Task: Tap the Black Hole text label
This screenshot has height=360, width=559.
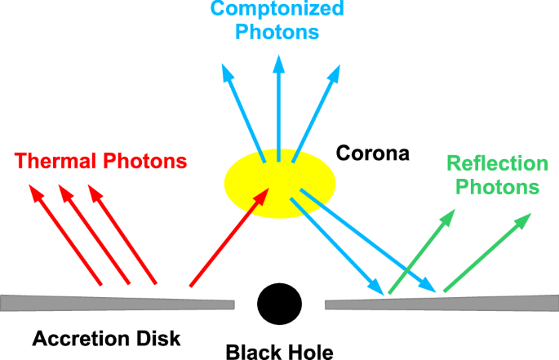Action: click(x=280, y=353)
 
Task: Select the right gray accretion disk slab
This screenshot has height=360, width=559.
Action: click(x=441, y=302)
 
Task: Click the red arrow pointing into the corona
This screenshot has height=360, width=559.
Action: click(x=228, y=237)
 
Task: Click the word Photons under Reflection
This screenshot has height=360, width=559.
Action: click(x=498, y=187)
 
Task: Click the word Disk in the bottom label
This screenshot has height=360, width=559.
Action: click(x=157, y=336)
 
